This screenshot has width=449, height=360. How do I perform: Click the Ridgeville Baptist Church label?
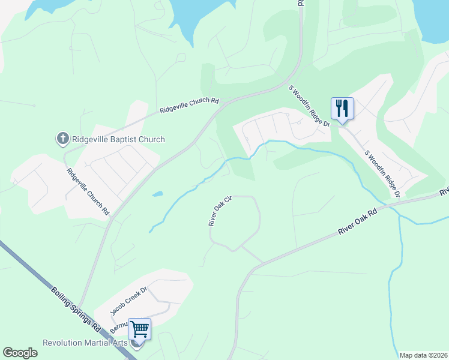[x=118, y=139]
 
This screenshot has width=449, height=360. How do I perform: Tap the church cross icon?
[x=62, y=139]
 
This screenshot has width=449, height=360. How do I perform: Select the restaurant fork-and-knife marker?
[x=342, y=109]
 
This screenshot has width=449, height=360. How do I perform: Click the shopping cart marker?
[x=139, y=329]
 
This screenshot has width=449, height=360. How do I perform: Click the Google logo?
[x=20, y=353]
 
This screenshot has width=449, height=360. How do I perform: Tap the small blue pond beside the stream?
[x=157, y=194]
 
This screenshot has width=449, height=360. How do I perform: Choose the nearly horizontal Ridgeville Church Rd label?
[x=188, y=106]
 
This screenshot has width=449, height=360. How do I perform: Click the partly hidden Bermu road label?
[x=119, y=327]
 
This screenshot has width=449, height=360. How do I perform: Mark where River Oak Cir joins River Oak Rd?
[x=262, y=262]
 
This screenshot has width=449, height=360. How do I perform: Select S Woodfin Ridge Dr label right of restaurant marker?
[x=382, y=169]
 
